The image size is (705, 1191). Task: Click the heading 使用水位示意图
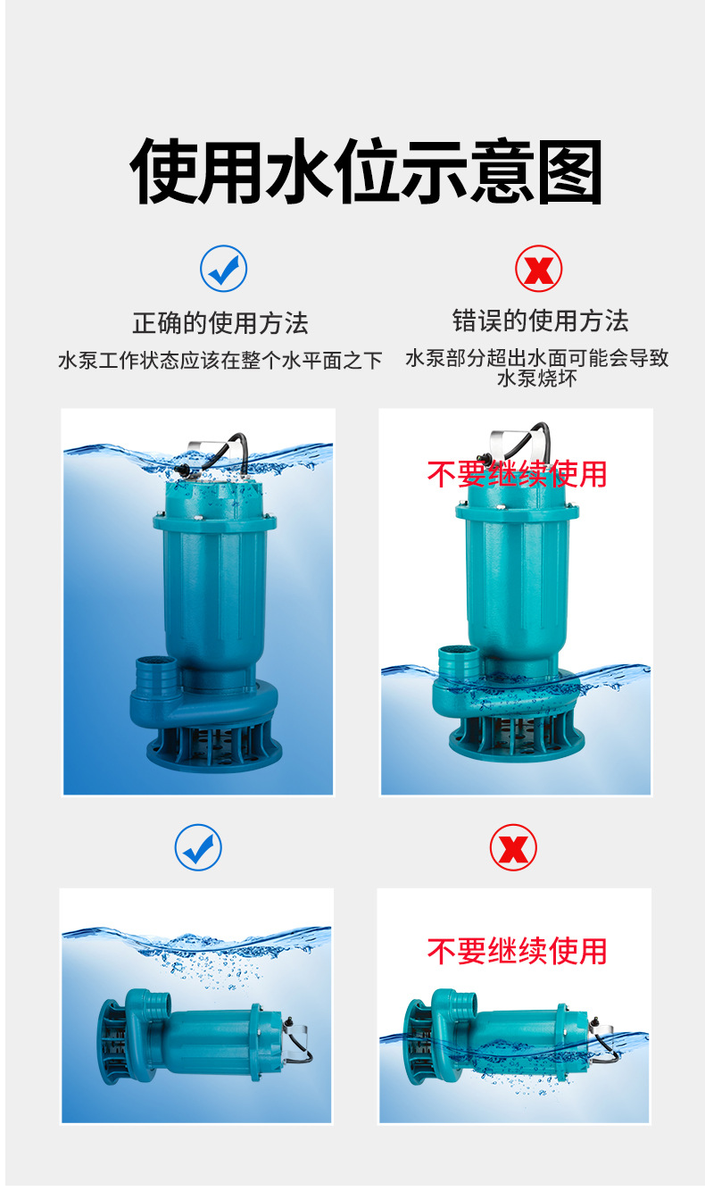click(366, 172)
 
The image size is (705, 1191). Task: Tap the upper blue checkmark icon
click(223, 269)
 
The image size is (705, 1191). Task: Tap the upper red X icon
click(538, 269)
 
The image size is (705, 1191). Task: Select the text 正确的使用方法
click(220, 322)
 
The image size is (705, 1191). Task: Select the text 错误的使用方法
click(540, 321)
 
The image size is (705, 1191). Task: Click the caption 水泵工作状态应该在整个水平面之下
click(220, 361)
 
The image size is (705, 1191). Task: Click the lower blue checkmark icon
click(198, 847)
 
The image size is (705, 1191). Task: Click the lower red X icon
click(513, 847)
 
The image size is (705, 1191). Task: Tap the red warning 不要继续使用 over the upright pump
click(517, 474)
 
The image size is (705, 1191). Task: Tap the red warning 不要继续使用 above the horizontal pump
click(517, 951)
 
